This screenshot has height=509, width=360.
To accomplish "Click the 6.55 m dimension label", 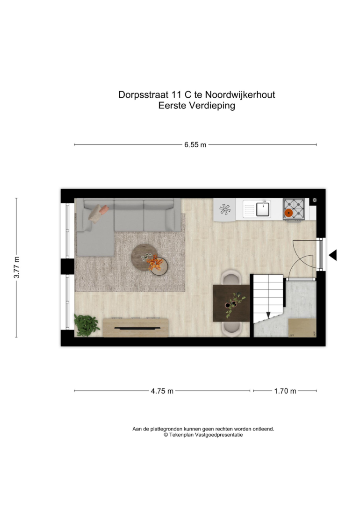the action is pyautogui.click(x=195, y=145).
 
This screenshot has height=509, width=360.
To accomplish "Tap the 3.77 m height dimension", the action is pyautogui.click(x=16, y=267).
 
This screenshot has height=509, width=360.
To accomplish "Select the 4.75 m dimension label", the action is pyautogui.click(x=162, y=391).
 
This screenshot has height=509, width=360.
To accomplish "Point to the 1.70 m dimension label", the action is pyautogui.click(x=285, y=391).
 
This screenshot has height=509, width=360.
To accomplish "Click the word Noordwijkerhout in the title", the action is pyautogui.click(x=240, y=95).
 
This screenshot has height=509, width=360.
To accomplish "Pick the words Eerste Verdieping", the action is pyautogui.click(x=197, y=106).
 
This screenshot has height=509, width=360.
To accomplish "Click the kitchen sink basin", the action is pyautogui.click(x=263, y=209).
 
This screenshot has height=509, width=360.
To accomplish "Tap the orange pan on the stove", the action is pyautogui.click(x=288, y=213).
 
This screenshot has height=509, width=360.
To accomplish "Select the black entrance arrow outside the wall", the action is pyautogui.click(x=333, y=255).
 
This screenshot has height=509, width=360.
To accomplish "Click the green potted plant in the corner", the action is pyautogui.click(x=86, y=325).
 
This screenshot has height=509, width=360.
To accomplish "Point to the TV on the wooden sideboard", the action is pyautogui.click(x=137, y=328).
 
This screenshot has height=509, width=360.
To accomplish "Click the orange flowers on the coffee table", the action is pyautogui.click(x=155, y=263).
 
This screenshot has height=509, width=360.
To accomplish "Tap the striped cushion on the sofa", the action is pyautogui.click(x=95, y=214).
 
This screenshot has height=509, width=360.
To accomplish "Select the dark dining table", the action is pyautogui.click(x=231, y=303).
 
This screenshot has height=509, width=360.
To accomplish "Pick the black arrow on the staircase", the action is pyautogui.click(x=268, y=315).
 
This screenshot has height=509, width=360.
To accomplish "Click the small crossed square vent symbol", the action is pyautogui.click(x=314, y=201).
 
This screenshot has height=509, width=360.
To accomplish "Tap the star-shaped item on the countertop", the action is pyautogui.click(x=224, y=209).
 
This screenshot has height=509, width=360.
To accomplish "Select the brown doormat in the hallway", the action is pyautogui.click(x=302, y=328).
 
